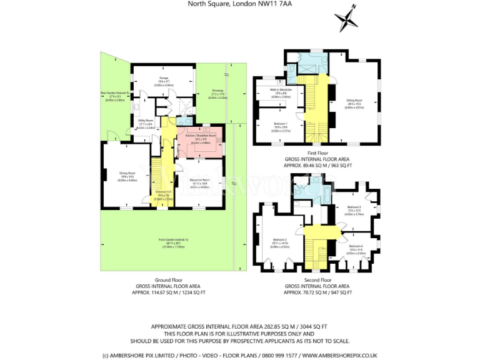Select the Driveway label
point(218,91)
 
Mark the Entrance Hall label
point(163,193)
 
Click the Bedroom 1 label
point(281,124)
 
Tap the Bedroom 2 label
point(279,240)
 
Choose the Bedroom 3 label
point(354,207)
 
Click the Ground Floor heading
point(168,280)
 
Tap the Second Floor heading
point(317,280)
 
